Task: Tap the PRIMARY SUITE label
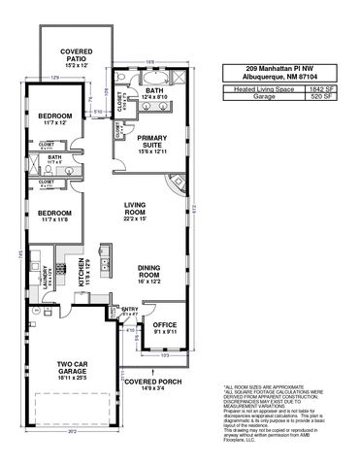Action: (x=152, y=143)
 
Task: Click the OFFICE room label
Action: (x=164, y=325)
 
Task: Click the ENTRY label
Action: (x=130, y=311)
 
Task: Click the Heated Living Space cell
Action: (x=258, y=88)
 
